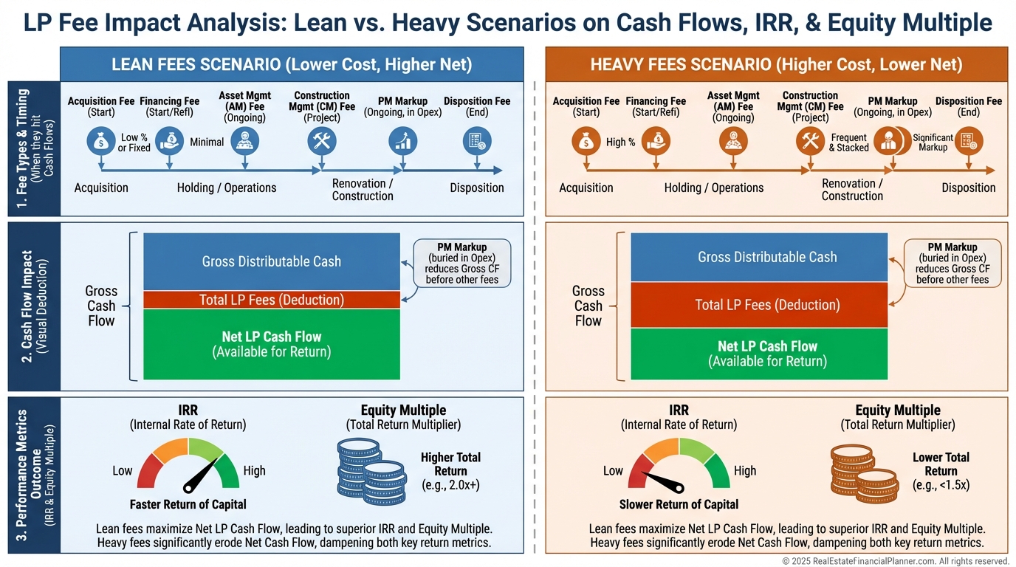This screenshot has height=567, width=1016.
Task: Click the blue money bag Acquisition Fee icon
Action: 100,141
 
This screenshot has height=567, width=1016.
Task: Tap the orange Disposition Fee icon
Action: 964,141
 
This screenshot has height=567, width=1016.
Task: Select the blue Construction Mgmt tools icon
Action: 322,141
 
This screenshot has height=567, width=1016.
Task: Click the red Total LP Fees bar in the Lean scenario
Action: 271,300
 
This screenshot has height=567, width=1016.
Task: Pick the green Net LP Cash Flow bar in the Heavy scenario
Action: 759,354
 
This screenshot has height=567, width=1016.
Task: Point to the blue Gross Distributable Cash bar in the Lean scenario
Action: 271,261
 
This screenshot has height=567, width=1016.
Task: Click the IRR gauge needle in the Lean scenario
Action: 202,473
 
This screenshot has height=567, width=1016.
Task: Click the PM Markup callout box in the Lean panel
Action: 462,262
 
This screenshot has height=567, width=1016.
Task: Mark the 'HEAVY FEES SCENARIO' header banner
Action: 776,64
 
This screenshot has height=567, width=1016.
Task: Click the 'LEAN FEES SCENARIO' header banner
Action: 292,64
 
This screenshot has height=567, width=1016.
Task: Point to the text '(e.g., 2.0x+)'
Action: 450,485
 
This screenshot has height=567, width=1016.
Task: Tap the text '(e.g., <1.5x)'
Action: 941,485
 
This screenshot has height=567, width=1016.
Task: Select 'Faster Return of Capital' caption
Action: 188,504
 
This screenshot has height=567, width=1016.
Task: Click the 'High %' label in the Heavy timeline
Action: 621,142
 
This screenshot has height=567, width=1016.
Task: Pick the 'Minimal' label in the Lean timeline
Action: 207,142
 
